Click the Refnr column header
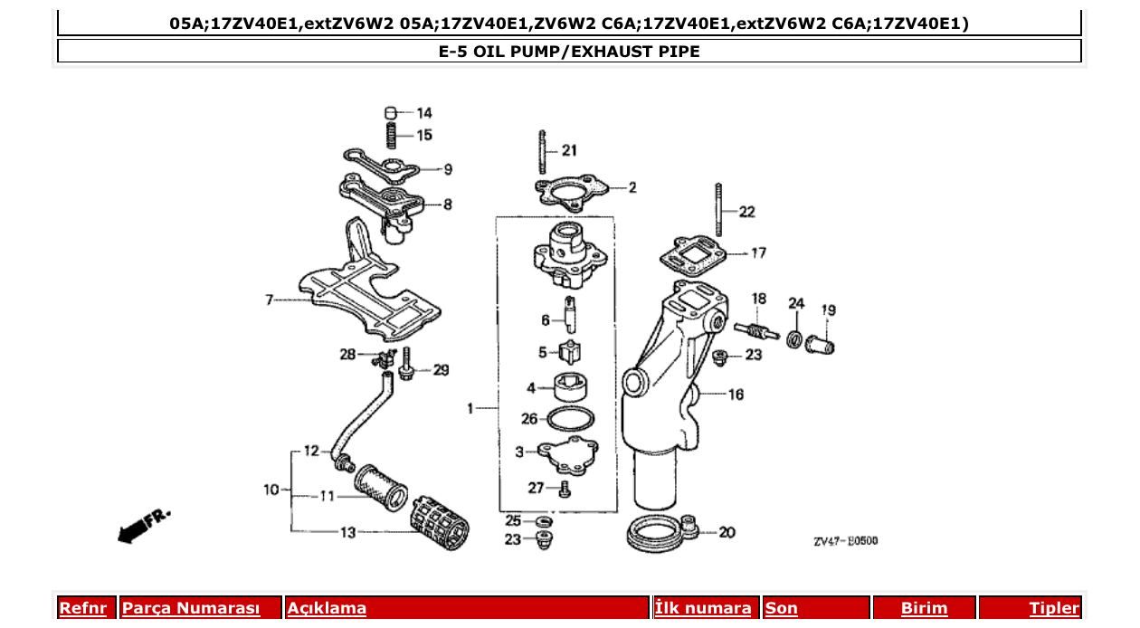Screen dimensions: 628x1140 [x=82, y=608]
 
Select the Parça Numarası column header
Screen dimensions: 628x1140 [x=191, y=608]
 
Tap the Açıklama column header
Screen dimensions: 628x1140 [x=327, y=608]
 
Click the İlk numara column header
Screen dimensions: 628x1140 [x=702, y=608]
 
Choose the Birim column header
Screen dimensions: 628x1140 [x=924, y=608]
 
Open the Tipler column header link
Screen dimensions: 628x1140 [x=1053, y=608]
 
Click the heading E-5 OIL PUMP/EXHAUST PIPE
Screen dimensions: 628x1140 [x=569, y=52]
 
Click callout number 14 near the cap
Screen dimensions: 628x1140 [x=423, y=113]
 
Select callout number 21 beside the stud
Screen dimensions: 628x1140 [x=568, y=150]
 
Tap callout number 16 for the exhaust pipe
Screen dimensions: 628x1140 [x=736, y=394]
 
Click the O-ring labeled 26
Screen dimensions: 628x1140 [x=572, y=420]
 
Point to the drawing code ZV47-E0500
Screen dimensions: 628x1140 [x=844, y=541]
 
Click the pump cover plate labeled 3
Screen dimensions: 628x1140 [x=565, y=456]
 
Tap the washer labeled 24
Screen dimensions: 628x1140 [x=794, y=339]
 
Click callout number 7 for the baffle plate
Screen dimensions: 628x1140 [x=270, y=300]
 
